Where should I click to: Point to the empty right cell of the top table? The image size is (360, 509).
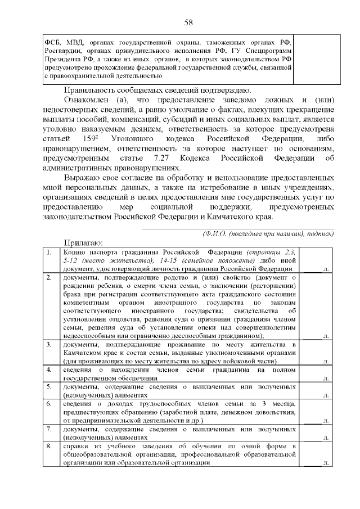(312, 60)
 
